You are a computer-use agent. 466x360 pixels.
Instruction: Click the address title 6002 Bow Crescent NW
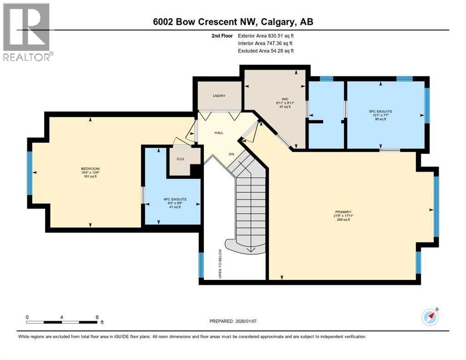[x=233, y=22]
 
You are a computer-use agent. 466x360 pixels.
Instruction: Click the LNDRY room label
[x=219, y=96]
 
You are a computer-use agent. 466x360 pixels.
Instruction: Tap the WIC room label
[x=284, y=99]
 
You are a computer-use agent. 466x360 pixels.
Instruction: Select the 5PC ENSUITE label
[x=380, y=112]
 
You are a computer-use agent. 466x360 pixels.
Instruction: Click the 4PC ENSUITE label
[x=175, y=199]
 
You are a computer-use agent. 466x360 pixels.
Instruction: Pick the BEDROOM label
[x=90, y=169]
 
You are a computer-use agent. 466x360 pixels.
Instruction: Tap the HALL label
[x=219, y=133]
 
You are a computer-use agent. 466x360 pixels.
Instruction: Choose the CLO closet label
[x=180, y=158]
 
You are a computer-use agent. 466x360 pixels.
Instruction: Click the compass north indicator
[x=430, y=317]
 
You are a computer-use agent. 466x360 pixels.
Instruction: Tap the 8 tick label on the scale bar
[x=97, y=317]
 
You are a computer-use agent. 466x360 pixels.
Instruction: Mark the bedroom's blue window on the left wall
[x=30, y=172]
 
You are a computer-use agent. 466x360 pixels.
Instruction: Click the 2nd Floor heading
[x=223, y=35]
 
